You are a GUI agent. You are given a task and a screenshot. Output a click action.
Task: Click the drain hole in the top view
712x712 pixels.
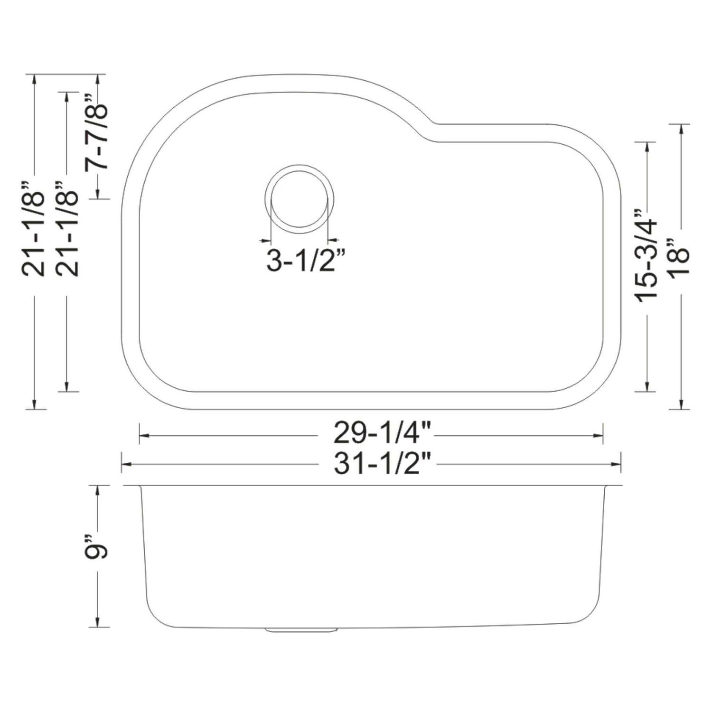pos(300,199)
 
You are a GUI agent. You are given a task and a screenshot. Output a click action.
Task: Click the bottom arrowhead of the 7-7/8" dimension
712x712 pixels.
pos(97,194)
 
